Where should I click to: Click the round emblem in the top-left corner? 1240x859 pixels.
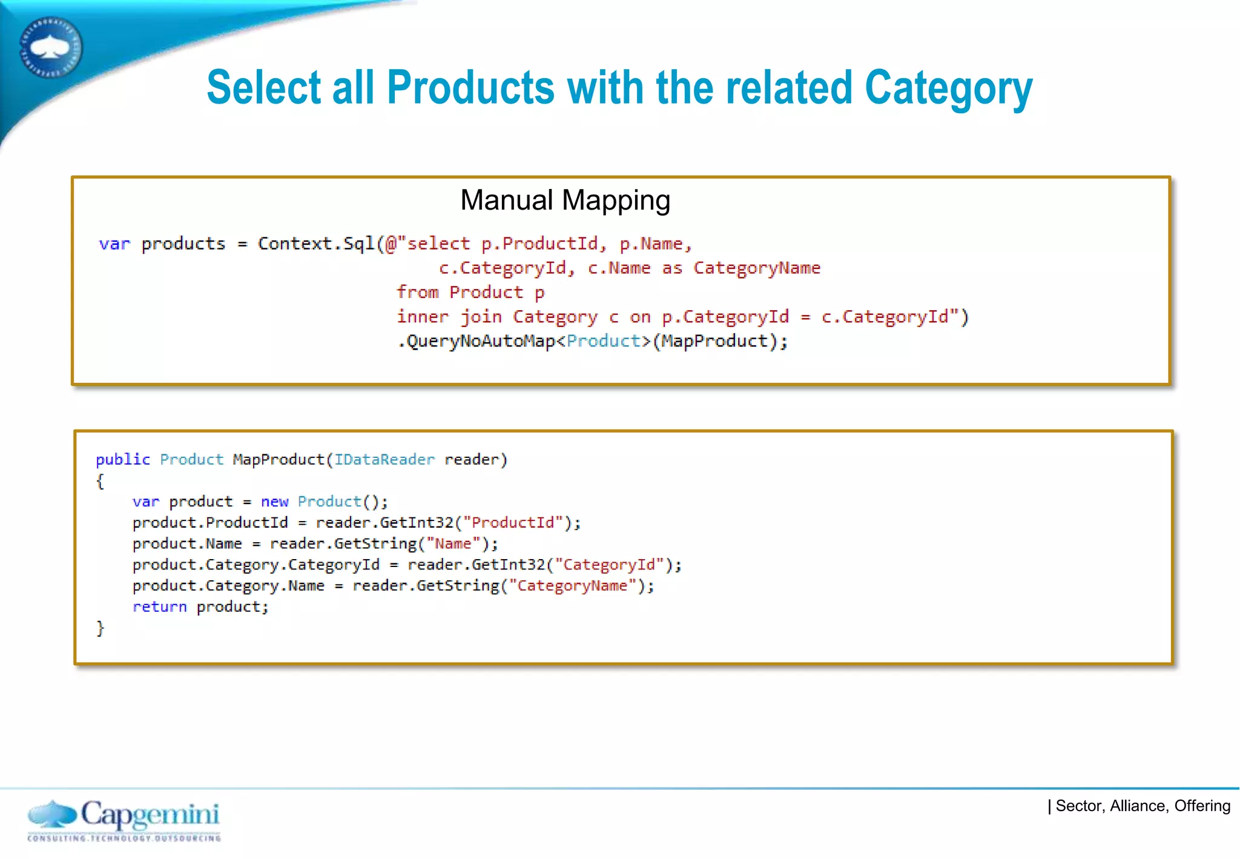[51, 48]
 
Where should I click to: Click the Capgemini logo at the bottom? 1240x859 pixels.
[124, 820]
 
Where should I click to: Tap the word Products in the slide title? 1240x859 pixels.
[470, 88]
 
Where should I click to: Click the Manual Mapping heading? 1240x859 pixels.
[565, 201]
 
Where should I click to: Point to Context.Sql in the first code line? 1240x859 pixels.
[316, 244]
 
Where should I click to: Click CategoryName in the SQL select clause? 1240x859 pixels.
[757, 268]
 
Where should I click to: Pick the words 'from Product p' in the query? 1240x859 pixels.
[470, 293]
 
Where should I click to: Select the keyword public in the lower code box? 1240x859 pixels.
[123, 460]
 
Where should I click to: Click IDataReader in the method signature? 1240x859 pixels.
[384, 460]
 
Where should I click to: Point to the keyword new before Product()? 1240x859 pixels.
[274, 502]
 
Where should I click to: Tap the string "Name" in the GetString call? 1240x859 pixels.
[453, 544]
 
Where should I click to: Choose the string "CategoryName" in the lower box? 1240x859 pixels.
[573, 586]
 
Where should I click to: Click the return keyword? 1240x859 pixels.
[160, 607]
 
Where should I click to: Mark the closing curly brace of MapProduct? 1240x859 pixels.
[101, 628]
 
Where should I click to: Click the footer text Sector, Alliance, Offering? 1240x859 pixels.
[1143, 806]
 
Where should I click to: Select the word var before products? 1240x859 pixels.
[114, 244]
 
